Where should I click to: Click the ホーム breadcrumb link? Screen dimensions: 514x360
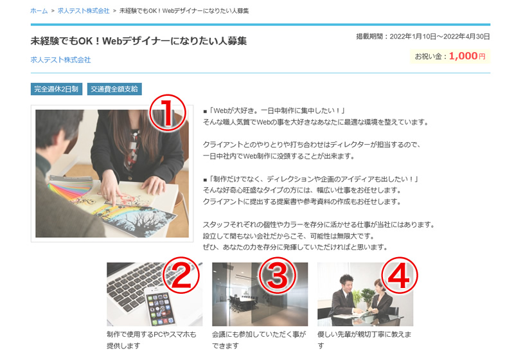(39, 11)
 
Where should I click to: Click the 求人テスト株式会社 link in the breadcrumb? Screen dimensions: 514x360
(84, 11)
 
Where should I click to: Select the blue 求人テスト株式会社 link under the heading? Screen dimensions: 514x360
(60, 60)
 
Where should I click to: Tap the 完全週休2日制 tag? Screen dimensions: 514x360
(57, 89)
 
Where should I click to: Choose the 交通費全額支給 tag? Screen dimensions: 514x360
(114, 89)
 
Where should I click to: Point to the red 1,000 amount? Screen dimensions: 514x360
(463, 56)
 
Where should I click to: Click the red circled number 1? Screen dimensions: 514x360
(168, 113)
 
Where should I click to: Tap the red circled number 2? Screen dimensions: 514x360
(181, 274)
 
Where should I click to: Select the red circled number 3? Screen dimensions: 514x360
(278, 274)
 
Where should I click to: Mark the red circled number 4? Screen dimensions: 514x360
(400, 274)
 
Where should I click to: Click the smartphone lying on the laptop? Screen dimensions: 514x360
(159, 305)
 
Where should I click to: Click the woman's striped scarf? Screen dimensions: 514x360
(134, 149)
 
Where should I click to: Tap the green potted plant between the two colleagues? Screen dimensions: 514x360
(367, 298)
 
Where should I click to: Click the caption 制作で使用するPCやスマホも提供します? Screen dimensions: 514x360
(152, 339)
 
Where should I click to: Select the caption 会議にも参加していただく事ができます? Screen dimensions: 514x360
(259, 339)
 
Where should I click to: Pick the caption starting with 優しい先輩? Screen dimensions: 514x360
(364, 339)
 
